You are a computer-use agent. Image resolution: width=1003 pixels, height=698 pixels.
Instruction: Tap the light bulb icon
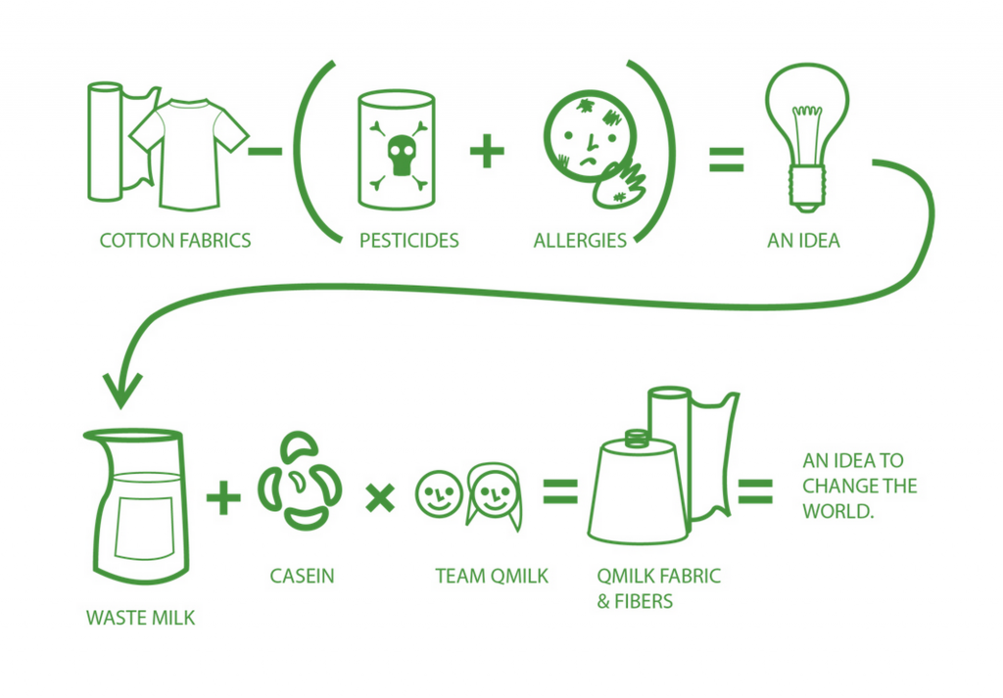(x=807, y=137)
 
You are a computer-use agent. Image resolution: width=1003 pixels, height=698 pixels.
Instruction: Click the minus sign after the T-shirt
(x=264, y=152)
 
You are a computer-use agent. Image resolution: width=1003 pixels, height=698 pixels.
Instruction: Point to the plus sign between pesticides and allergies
(x=487, y=151)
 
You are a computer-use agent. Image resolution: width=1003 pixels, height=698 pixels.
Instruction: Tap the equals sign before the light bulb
(x=726, y=160)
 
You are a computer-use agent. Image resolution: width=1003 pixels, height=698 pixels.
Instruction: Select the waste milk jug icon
(x=137, y=505)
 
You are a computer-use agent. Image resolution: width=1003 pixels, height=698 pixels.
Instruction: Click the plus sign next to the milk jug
(x=224, y=497)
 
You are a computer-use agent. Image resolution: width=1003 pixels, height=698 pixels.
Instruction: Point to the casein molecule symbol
(x=300, y=481)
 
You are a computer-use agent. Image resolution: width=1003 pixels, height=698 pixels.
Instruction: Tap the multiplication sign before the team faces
(x=380, y=497)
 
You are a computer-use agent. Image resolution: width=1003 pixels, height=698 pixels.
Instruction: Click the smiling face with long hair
(x=494, y=496)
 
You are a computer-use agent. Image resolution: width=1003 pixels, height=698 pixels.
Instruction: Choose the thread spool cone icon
(x=638, y=488)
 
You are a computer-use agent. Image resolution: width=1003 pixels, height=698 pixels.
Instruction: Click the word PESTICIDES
(x=408, y=241)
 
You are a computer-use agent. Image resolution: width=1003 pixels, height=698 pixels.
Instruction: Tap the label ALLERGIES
(x=580, y=241)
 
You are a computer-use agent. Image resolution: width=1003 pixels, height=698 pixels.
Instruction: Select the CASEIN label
(x=302, y=576)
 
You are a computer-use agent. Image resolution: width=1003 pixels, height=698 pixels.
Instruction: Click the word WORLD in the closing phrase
(x=837, y=511)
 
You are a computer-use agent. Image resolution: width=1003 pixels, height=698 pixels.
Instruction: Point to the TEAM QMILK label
(x=492, y=576)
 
